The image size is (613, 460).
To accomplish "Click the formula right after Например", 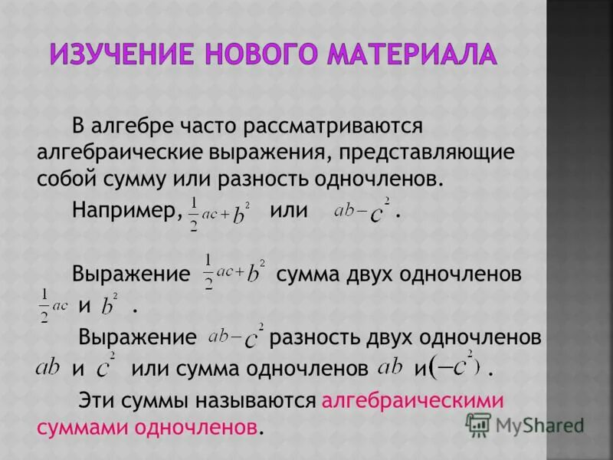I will click(220, 211).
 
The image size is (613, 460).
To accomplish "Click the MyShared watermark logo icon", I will click(479, 424).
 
